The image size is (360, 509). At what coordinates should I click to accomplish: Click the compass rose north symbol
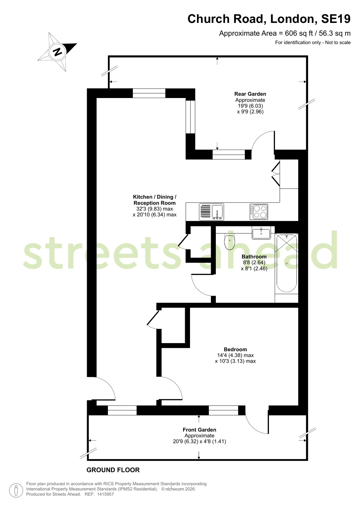58,52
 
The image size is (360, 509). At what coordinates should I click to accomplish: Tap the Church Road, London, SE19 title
269,19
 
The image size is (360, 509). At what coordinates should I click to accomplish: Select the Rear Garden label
250,94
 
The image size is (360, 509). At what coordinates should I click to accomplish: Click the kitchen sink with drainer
211,212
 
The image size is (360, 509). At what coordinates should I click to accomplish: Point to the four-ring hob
259,212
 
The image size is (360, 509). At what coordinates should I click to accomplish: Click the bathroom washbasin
261,233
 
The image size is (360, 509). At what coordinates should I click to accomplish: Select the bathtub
286,264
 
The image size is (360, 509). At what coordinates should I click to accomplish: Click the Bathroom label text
254,257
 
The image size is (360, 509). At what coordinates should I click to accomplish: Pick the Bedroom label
236,349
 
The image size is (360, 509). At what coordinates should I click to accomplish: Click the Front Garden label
199,430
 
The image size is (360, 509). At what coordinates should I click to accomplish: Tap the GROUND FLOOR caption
113,470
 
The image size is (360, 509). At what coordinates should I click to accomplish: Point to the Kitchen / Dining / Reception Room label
155,200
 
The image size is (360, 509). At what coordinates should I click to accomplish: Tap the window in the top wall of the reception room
149,93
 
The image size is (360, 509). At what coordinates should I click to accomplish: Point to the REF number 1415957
105,494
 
